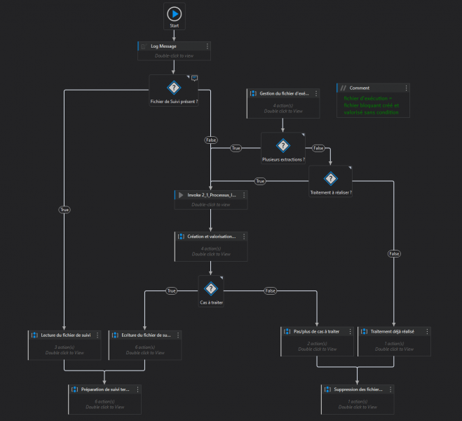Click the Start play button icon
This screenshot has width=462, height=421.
(175, 13)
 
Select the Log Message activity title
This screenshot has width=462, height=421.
(163, 46)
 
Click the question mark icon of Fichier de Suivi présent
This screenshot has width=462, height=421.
(174, 88)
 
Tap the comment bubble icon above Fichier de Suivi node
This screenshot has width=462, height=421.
(195, 78)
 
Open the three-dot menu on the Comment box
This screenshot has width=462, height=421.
(406, 88)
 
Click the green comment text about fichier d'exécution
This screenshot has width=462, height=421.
(371, 105)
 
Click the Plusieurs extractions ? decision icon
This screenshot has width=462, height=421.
(283, 145)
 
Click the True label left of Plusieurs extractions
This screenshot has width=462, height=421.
(236, 148)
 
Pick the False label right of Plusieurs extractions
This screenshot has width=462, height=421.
(318, 148)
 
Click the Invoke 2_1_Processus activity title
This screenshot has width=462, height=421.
(208, 194)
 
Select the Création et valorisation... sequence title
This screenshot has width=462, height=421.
(212, 236)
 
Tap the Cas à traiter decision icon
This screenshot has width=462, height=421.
(210, 288)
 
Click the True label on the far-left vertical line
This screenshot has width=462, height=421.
(64, 209)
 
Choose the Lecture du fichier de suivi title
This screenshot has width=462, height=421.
(66, 335)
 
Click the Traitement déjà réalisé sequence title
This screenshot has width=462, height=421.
(390, 330)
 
